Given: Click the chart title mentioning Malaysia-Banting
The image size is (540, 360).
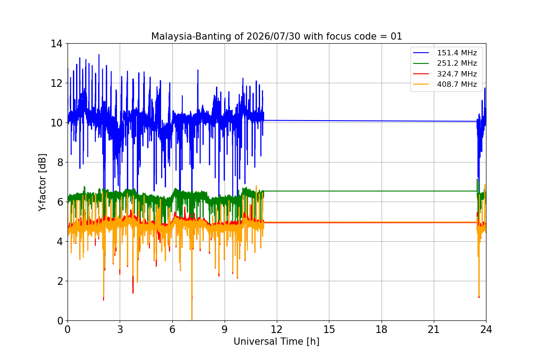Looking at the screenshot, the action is (276, 36).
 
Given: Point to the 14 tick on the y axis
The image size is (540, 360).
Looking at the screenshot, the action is (56, 44).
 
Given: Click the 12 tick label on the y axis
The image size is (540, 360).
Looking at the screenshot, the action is (56, 83).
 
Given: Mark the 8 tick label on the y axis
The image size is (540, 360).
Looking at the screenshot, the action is (60, 162).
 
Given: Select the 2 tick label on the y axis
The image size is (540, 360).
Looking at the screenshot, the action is (60, 281).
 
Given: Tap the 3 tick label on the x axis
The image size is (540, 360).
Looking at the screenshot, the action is (120, 329).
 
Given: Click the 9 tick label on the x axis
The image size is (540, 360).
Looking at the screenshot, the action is (225, 329).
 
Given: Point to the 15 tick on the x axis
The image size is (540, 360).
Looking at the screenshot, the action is (329, 329).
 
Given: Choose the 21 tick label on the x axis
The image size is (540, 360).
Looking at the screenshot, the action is (434, 329).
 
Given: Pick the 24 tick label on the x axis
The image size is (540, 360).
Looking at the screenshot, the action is (486, 329).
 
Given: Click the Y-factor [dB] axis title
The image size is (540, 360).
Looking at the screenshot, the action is (42, 183).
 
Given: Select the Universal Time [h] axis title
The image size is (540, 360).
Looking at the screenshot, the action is (276, 342).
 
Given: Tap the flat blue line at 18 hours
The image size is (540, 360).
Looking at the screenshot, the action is (382, 121).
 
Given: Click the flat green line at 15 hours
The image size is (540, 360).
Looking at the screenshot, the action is (329, 191).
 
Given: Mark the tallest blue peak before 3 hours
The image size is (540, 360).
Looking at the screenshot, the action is (99, 55).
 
